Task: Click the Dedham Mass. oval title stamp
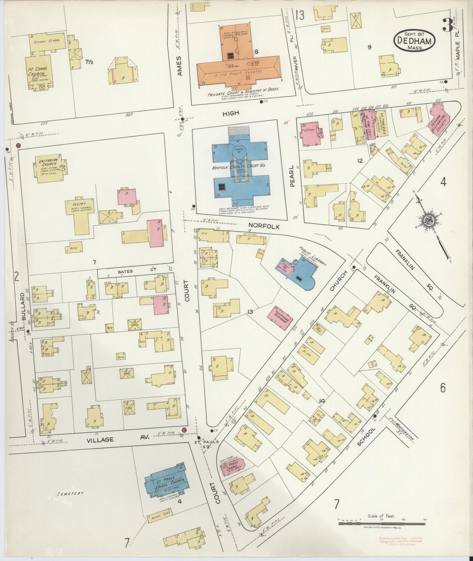click(x=414, y=42)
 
